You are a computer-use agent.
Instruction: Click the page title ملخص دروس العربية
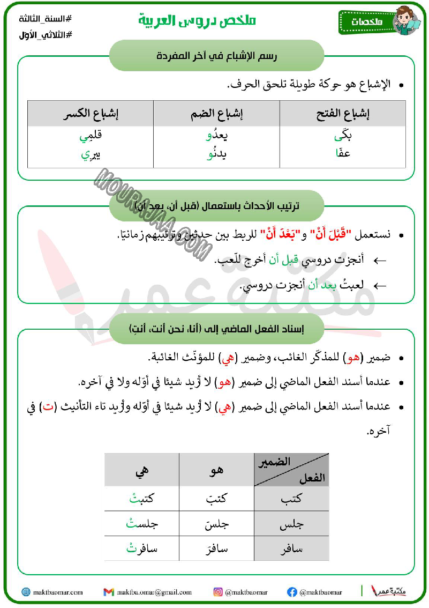pyautogui.click(x=197, y=21)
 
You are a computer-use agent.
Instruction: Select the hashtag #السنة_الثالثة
pyautogui.click(x=45, y=19)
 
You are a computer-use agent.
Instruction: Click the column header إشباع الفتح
pyautogui.click(x=343, y=114)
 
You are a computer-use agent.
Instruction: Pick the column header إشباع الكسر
pyautogui.click(x=91, y=114)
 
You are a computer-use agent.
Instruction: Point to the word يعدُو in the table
pyautogui.click(x=217, y=137)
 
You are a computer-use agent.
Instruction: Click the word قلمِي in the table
pyautogui.click(x=91, y=137)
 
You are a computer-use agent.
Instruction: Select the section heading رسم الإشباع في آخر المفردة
pyautogui.click(x=216, y=55)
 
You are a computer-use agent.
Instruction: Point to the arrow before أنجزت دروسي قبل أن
pyautogui.click(x=379, y=260)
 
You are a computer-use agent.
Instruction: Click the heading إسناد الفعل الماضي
pyautogui.click(x=216, y=329)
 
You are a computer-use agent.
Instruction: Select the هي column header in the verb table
pyautogui.click(x=142, y=470)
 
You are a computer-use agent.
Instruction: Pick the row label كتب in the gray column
pyautogui.click(x=291, y=499)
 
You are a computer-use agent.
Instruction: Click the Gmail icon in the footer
pyautogui.click(x=109, y=592)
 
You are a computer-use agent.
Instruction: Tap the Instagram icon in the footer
pyautogui.click(x=218, y=592)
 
